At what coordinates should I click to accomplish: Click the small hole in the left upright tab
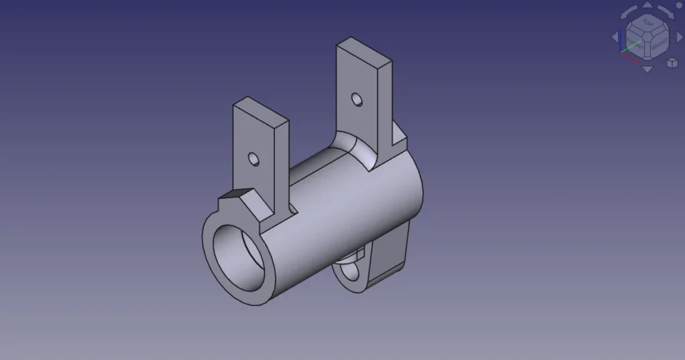[254, 159]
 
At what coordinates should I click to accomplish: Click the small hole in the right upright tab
[359, 100]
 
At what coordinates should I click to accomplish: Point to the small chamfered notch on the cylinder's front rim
[234, 196]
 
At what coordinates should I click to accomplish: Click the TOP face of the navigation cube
[647, 23]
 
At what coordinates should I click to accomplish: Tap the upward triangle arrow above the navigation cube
[648, 5]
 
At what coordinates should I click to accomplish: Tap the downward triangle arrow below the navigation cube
[647, 69]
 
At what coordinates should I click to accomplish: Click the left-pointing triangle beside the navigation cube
[615, 37]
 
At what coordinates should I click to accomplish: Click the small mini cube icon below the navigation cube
[672, 63]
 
